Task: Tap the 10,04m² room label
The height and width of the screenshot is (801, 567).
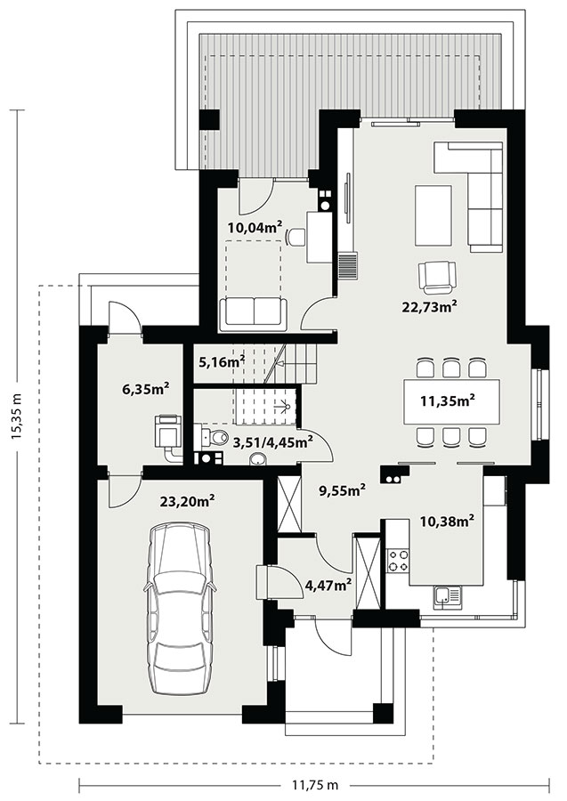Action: coord(256,227)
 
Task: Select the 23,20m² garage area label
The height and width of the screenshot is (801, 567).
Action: coord(187,501)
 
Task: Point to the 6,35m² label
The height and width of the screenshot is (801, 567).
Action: coord(146,389)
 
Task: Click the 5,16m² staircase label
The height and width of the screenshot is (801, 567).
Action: coord(222,362)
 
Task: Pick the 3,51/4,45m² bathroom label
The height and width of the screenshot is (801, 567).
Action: coord(272,441)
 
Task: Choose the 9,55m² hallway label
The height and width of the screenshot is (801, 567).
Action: coord(342,490)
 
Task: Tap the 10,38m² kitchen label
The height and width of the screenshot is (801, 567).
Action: coord(448,521)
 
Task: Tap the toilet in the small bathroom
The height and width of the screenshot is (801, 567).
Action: coord(214,438)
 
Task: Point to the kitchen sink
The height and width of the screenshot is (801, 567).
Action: coord(447,596)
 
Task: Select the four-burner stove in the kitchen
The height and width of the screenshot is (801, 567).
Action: coord(398,560)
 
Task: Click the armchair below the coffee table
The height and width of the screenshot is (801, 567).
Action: coord(437,277)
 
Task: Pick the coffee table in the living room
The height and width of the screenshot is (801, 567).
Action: coord(433,215)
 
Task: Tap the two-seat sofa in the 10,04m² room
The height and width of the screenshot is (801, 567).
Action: coord(251,314)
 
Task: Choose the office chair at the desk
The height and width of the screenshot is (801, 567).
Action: coord(296,237)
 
